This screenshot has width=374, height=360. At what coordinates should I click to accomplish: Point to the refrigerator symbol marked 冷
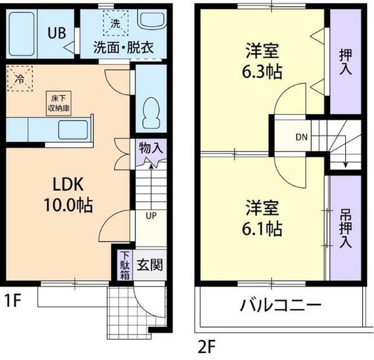20,79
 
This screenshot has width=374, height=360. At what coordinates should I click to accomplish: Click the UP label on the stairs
151,216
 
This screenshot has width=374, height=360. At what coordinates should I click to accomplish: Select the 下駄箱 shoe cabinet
125,264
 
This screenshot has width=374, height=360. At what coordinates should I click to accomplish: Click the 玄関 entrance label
150,265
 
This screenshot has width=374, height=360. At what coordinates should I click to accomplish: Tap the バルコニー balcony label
280,306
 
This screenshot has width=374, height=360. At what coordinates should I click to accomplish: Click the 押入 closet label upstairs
345,60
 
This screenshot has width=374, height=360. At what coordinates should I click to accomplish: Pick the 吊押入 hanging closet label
345,225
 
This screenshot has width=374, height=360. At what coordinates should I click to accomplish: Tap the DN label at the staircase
301,136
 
